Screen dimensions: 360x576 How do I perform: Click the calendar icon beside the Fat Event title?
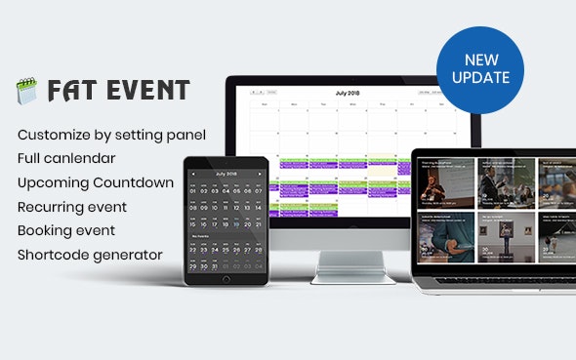pos(25,92)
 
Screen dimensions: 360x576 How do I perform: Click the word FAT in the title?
pos(67,91)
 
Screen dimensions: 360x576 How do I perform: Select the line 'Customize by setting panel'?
pos(112,134)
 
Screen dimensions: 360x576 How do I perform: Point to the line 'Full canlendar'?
pos(66,158)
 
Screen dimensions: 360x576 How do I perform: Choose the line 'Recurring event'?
pos(72,207)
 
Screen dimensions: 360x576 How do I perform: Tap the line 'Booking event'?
pos(66,231)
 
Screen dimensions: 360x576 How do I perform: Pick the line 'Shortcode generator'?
pos(90,256)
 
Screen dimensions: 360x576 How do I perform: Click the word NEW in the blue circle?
pos(480,59)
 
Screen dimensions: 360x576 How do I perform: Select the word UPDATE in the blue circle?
pos(480,77)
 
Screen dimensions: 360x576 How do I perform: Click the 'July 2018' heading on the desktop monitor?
pos(348,93)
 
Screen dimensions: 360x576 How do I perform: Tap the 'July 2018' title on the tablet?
pos(226,174)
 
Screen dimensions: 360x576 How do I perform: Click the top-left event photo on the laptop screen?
pos(445,181)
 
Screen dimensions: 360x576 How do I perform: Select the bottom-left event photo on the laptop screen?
pos(445,234)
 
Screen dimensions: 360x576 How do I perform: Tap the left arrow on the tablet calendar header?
pos(193,174)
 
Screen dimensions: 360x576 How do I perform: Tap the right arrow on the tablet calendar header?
pos(259,174)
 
